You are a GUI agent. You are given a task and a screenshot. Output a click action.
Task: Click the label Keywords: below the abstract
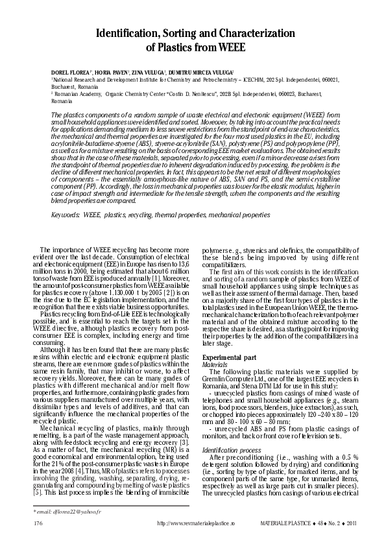click(66, 214)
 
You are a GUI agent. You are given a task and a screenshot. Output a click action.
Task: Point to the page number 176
click(37, 522)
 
